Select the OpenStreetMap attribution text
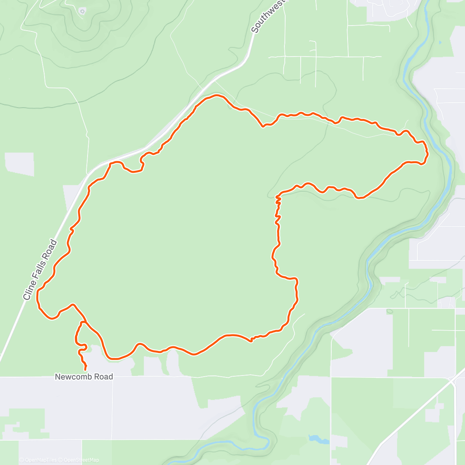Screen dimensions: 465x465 click(81, 460)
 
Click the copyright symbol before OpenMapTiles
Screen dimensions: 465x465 click(22, 460)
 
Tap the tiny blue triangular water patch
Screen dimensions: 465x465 click(440, 42)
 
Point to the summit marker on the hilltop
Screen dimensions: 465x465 click(82, 11)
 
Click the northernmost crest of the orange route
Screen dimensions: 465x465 click(215, 95)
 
